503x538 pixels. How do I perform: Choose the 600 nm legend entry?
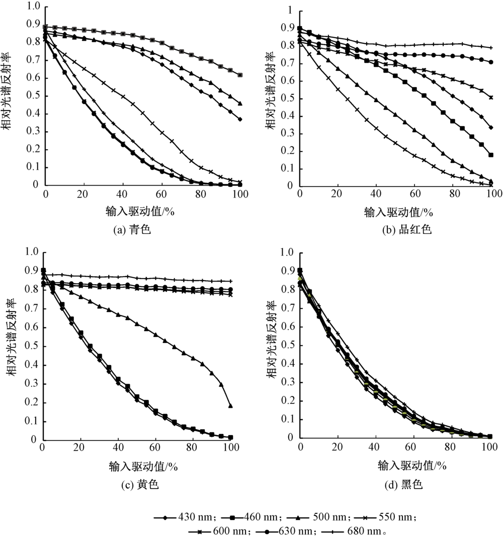(x=219, y=530)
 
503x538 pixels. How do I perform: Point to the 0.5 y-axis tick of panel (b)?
(x=288, y=99)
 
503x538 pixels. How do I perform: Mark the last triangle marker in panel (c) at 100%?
(x=231, y=405)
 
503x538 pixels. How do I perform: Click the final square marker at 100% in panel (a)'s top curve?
(x=240, y=75)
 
